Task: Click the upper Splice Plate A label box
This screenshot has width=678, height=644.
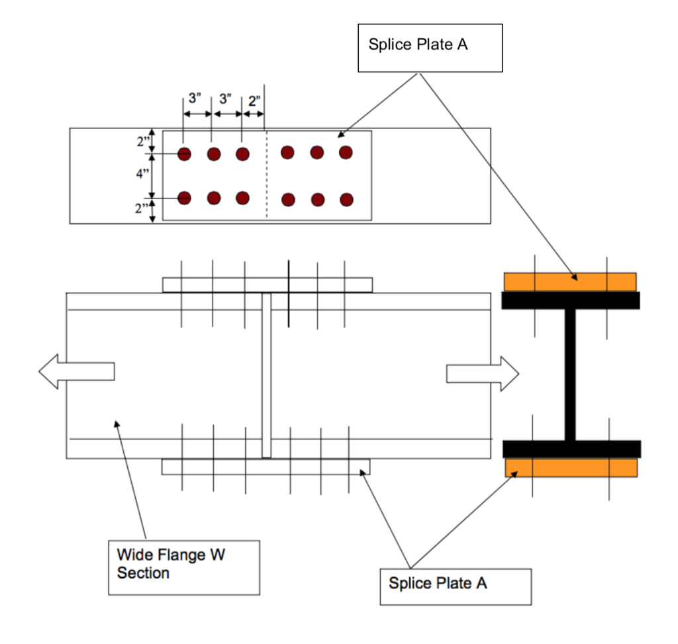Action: (x=430, y=48)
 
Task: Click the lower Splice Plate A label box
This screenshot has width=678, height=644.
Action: (x=455, y=585)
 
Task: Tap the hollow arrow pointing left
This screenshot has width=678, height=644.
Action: (x=76, y=371)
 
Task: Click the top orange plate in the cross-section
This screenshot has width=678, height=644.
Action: (x=569, y=281)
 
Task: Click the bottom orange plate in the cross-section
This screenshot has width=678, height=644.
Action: (x=571, y=467)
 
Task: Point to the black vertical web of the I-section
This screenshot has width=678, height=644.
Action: (x=570, y=374)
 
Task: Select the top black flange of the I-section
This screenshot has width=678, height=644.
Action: (x=570, y=300)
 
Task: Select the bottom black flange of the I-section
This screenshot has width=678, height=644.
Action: (x=571, y=449)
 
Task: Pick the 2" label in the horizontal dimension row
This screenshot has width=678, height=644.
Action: (x=254, y=101)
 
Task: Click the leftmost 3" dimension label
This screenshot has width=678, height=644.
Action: (x=195, y=99)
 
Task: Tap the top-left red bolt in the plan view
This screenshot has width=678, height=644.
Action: (x=184, y=154)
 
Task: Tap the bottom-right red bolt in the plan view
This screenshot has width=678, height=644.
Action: (x=346, y=199)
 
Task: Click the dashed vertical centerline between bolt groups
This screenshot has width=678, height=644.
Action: (x=266, y=175)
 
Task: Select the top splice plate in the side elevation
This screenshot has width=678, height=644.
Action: (x=267, y=285)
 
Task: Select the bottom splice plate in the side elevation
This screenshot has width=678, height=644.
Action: (x=266, y=467)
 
